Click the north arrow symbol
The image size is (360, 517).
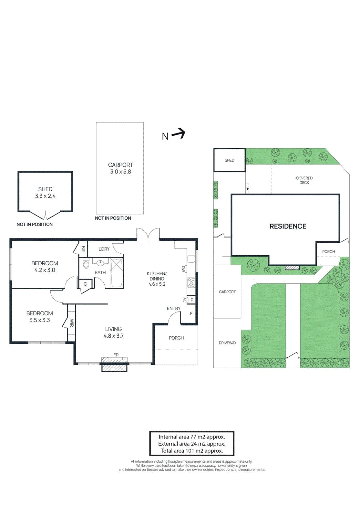(x=178, y=134)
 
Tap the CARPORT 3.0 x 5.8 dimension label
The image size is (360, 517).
(x=120, y=172)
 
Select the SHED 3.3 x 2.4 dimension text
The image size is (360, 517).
(x=45, y=196)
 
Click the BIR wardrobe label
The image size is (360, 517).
(x=83, y=249)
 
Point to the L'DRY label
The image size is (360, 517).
(x=104, y=249)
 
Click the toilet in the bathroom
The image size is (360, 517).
(x=86, y=265)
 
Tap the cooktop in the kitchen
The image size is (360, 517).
(x=191, y=283)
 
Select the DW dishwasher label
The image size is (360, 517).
(x=184, y=269)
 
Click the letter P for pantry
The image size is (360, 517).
(x=192, y=300)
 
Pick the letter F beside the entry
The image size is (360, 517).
(x=191, y=313)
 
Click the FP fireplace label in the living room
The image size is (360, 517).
(x=116, y=354)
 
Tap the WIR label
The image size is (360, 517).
(x=72, y=323)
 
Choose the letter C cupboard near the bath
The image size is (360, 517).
(x=85, y=284)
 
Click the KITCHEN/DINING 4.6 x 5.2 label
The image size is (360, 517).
(x=157, y=279)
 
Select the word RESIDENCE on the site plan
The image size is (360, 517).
(x=288, y=226)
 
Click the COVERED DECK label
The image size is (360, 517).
(x=304, y=180)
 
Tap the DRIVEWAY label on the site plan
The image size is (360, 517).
(x=228, y=343)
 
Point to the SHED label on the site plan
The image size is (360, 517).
(x=230, y=160)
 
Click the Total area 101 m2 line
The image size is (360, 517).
(x=192, y=451)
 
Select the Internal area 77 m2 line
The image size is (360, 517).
(x=192, y=437)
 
